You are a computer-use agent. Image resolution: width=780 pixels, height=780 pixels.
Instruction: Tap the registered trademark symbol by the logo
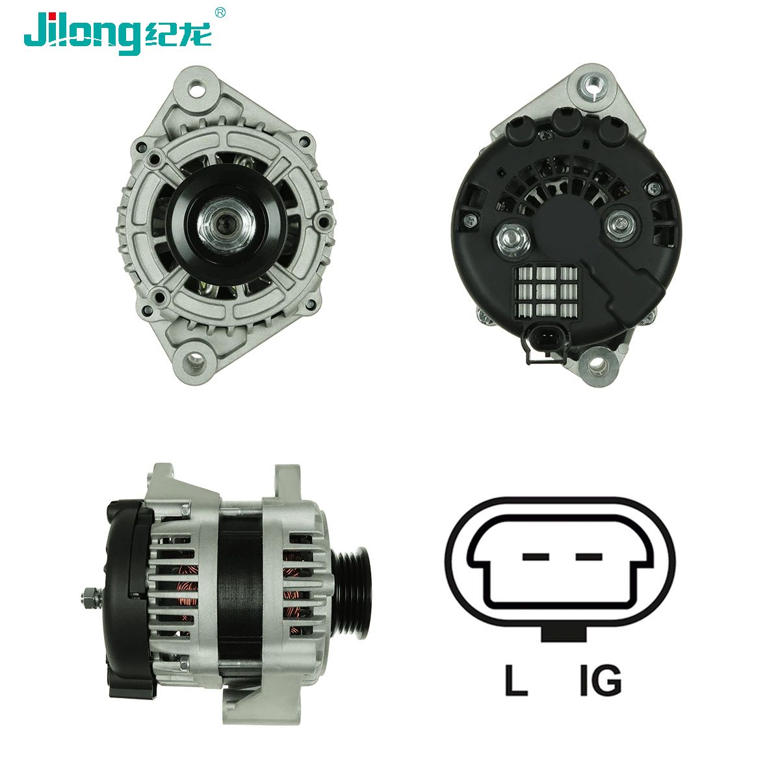(220, 12)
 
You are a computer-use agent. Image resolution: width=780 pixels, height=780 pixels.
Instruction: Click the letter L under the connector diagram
(515, 680)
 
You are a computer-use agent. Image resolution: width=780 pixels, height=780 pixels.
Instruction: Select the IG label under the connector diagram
(599, 680)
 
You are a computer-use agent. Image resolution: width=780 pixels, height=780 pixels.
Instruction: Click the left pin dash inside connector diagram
(536, 557)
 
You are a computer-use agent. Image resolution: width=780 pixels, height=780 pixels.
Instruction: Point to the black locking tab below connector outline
(563, 634)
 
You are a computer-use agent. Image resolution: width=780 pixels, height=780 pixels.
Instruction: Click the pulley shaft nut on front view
(220, 224)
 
